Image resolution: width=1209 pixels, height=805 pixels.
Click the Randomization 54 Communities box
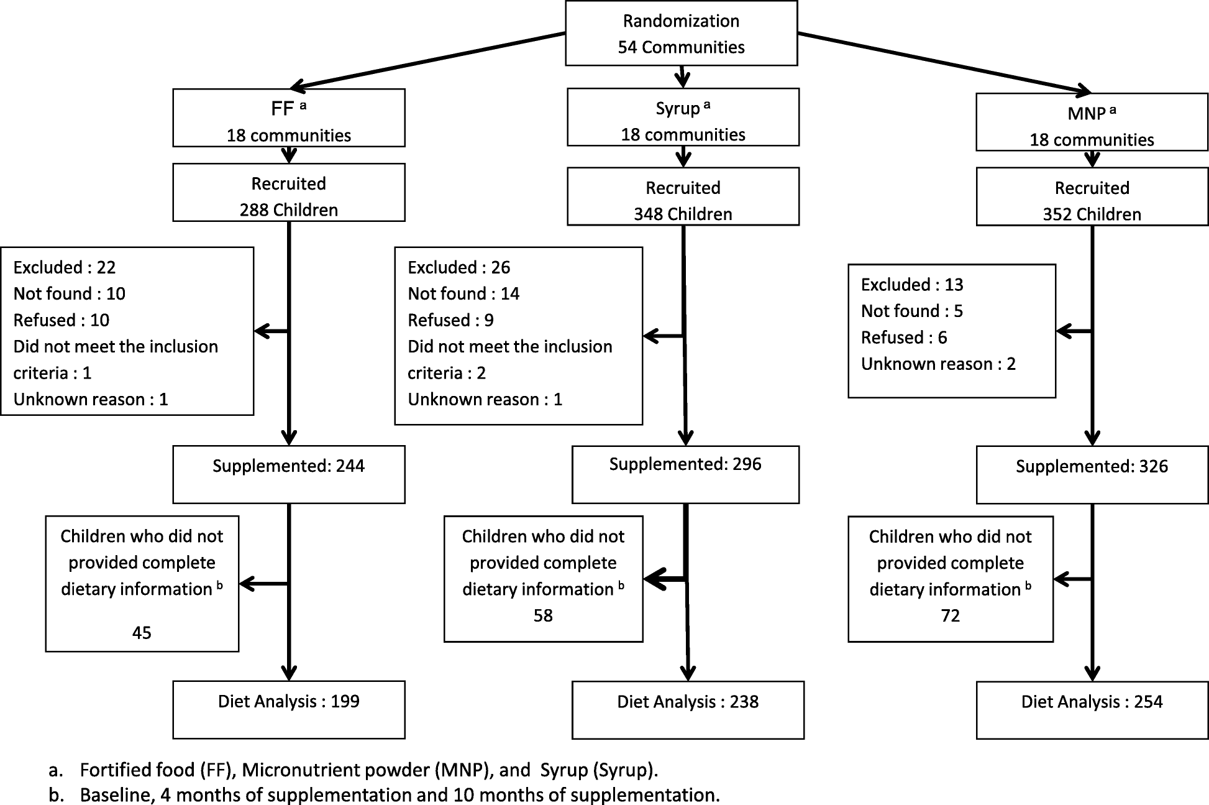(681, 34)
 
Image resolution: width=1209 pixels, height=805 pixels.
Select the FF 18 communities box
(288, 118)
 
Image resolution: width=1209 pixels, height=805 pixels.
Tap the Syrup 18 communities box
(682, 117)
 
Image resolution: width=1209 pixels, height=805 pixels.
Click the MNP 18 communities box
(1091, 122)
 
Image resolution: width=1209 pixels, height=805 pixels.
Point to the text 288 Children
(288, 209)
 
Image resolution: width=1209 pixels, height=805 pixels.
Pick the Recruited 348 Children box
(682, 196)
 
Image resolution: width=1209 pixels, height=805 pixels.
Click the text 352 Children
(1091, 214)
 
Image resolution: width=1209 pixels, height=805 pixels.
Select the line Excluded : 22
(65, 267)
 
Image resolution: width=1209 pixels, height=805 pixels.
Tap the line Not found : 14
(463, 293)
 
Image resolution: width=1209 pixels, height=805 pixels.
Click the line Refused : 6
(903, 338)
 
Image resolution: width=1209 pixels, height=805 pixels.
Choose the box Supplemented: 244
(288, 474)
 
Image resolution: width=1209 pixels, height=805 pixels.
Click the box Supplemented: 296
(685, 474)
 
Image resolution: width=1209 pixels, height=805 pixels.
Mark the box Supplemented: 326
(1091, 474)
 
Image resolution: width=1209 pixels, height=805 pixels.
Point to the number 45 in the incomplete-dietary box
(142, 632)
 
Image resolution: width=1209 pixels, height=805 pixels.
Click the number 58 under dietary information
(542, 615)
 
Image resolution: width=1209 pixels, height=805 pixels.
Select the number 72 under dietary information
(950, 615)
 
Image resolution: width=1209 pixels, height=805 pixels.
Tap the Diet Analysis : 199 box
(288, 709)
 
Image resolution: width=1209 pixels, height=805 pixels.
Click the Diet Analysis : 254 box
(1091, 709)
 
